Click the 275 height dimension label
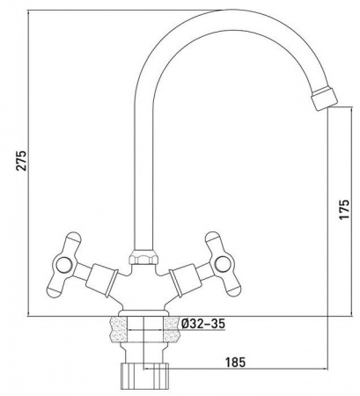[22, 160]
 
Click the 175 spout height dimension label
[344, 209]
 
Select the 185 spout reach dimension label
[235, 363]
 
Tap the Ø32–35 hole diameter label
[203, 324]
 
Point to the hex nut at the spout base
[143, 257]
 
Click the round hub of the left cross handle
[64, 267]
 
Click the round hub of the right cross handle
[223, 264]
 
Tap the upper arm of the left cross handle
[72, 242]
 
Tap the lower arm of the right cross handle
[232, 284]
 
